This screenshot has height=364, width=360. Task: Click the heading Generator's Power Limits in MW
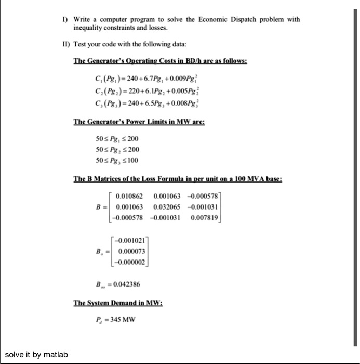[140, 123]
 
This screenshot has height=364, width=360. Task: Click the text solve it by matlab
[37, 355]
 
